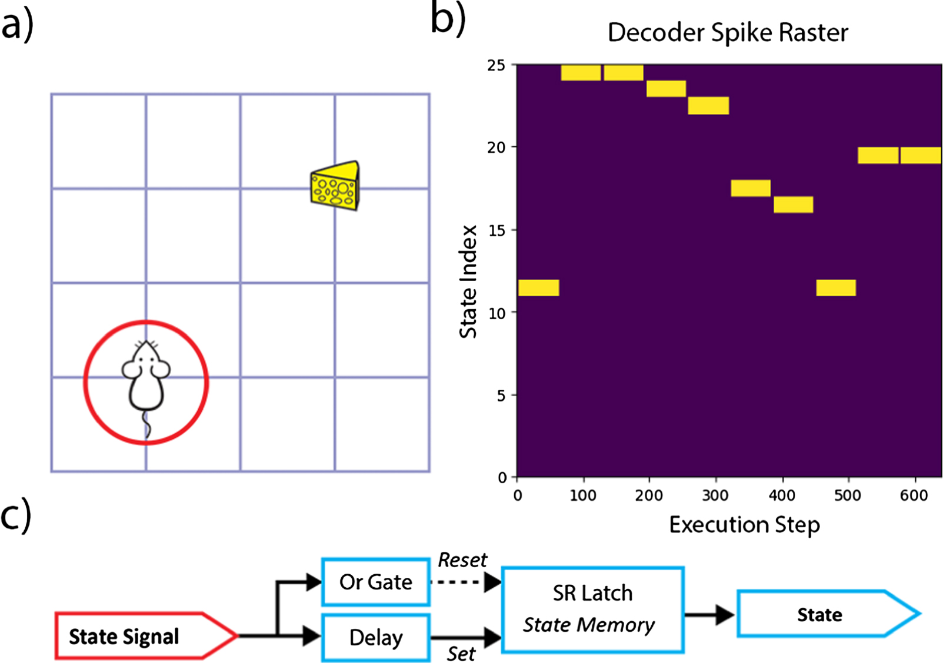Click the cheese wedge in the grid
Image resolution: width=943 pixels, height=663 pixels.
[x=335, y=187]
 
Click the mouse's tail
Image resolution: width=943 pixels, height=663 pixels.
[x=147, y=426]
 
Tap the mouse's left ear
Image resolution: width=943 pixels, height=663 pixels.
[x=130, y=369]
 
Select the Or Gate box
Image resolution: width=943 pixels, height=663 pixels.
[x=376, y=582]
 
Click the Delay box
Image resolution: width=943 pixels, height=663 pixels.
[x=376, y=638]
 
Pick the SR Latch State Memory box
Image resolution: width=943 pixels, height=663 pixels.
[x=592, y=610]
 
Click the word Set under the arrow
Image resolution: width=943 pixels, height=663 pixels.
[x=461, y=654]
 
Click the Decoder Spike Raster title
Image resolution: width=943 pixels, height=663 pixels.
[x=728, y=32]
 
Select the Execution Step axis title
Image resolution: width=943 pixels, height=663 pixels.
[x=744, y=524]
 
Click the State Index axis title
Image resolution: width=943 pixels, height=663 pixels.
[x=468, y=282]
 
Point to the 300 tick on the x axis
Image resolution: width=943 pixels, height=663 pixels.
[x=715, y=495]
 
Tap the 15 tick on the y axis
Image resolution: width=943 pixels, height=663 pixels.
[x=497, y=230]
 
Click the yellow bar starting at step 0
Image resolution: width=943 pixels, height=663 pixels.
[x=538, y=288]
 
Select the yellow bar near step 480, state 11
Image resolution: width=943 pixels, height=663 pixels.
[x=836, y=288]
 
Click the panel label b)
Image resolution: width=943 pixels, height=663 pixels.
[x=448, y=19]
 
